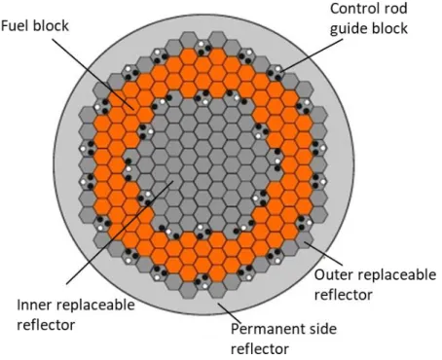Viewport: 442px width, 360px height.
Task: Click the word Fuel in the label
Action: [x=15, y=25]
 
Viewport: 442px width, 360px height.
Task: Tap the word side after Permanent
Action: [x=323, y=329]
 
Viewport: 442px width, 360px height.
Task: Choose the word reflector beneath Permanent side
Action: [x=260, y=349]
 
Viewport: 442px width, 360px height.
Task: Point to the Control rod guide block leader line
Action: [x=312, y=55]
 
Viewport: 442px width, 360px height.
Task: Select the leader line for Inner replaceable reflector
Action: [x=120, y=233]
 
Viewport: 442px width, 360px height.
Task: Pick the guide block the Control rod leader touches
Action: [x=275, y=73]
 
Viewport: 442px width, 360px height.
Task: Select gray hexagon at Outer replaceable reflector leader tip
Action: [x=304, y=239]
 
